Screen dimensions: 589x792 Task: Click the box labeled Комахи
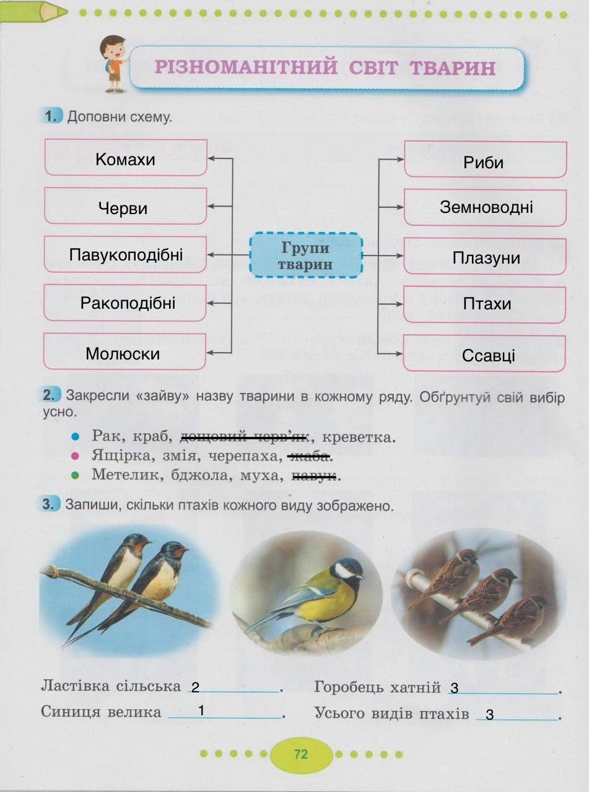[x=126, y=158]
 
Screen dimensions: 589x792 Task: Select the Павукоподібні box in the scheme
[x=126, y=254]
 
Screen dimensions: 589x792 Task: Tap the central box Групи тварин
[x=305, y=255]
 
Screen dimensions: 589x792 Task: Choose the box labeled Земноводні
[x=486, y=207]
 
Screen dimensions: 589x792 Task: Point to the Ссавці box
[x=486, y=355]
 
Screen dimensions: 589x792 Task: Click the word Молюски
[x=123, y=354]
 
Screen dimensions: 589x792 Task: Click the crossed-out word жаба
[x=308, y=457]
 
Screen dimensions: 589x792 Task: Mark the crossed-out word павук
[x=314, y=476]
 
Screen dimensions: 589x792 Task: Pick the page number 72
[x=301, y=754]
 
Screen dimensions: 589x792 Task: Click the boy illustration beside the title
[x=113, y=64]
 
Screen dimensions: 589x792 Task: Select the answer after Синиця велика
[x=202, y=711]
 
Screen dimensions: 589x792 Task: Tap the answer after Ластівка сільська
[x=196, y=687]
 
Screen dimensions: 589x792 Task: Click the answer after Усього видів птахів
[x=490, y=715]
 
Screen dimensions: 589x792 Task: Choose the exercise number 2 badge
[x=52, y=394]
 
